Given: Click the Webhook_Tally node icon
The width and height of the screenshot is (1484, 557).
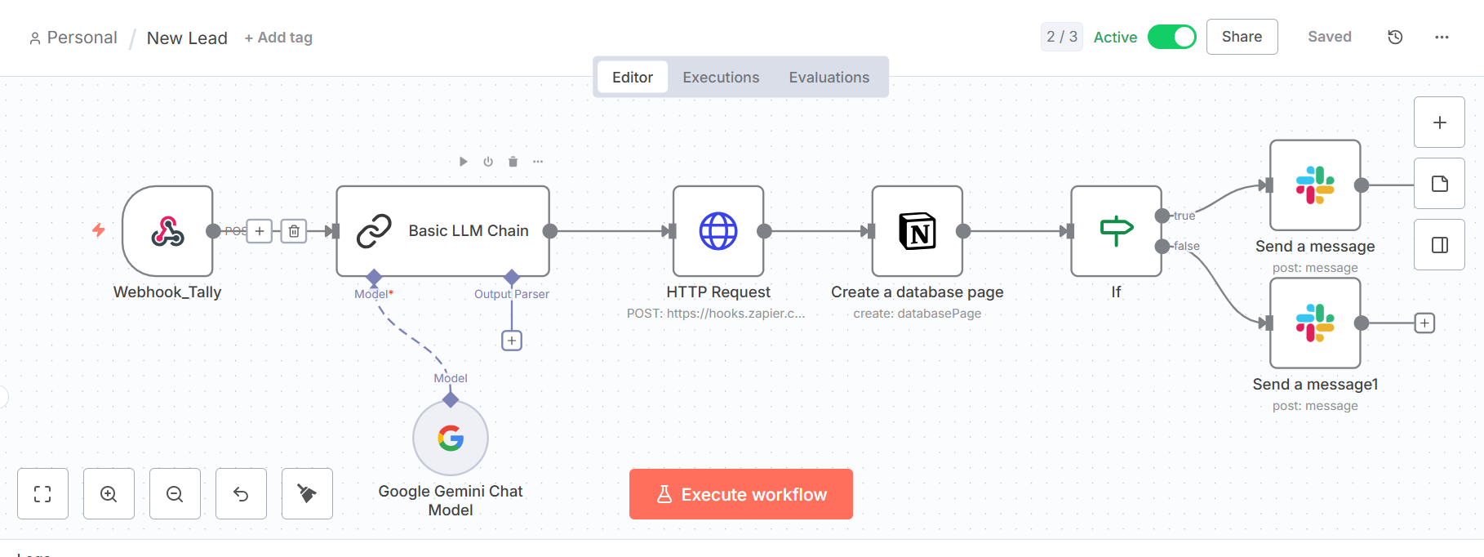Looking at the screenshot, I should (167, 231).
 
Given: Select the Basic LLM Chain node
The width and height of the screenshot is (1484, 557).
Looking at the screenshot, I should (442, 231).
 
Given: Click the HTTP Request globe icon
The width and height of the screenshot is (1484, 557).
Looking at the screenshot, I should (718, 231).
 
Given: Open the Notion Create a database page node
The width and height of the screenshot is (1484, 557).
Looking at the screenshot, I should (918, 231).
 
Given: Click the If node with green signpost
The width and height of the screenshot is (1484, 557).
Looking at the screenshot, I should (1116, 231).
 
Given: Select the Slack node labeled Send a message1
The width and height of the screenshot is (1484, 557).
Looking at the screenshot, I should (1315, 323).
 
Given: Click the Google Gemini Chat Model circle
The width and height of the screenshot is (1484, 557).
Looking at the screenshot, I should (451, 439).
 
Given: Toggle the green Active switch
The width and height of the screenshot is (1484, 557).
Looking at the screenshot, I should (1171, 37).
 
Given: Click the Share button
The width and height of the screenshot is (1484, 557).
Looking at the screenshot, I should (1242, 37).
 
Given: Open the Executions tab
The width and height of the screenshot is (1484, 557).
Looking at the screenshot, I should (721, 78).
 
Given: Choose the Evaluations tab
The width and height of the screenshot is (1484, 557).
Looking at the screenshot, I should (829, 78).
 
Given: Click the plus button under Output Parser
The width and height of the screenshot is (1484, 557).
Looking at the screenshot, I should (512, 341).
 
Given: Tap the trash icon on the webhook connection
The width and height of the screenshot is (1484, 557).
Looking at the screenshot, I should (294, 231).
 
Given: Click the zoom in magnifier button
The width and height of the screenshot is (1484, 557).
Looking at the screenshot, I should (109, 494).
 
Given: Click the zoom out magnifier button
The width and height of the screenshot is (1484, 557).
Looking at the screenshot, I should (175, 494).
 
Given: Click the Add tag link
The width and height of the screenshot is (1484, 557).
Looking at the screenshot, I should (278, 38).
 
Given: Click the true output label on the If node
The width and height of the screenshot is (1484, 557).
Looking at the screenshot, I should (1184, 216).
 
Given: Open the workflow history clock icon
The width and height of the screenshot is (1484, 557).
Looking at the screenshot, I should (1395, 37).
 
